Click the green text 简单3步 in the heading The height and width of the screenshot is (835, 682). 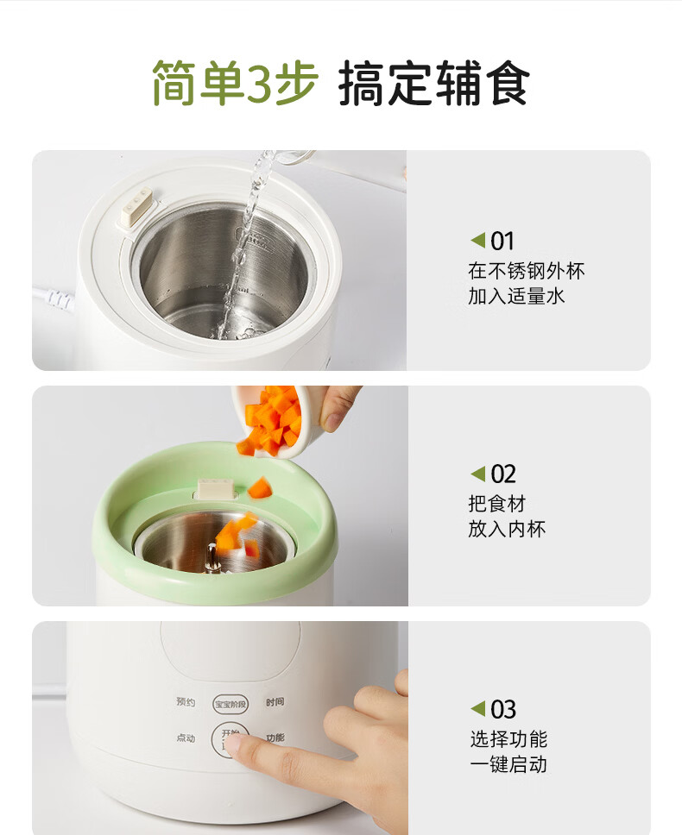(235, 83)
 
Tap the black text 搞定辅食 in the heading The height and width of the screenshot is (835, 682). (433, 83)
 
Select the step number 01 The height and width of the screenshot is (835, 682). (502, 242)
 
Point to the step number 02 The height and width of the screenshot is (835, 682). (503, 474)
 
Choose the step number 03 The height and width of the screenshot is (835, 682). (503, 709)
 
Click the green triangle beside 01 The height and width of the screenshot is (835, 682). (478, 240)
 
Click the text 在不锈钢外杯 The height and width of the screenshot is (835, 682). (527, 271)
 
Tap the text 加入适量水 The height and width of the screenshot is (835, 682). (516, 296)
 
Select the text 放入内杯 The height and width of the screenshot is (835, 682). (507, 529)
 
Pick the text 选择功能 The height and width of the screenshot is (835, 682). (508, 739)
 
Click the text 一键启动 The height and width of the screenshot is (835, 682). (508, 765)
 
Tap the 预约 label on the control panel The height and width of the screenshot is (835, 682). (186, 702)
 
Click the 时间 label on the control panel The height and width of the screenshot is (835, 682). (275, 702)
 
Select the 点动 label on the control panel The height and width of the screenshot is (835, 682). (186, 738)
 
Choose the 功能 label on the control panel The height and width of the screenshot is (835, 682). (275, 738)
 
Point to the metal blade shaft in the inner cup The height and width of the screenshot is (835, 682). (212, 559)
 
